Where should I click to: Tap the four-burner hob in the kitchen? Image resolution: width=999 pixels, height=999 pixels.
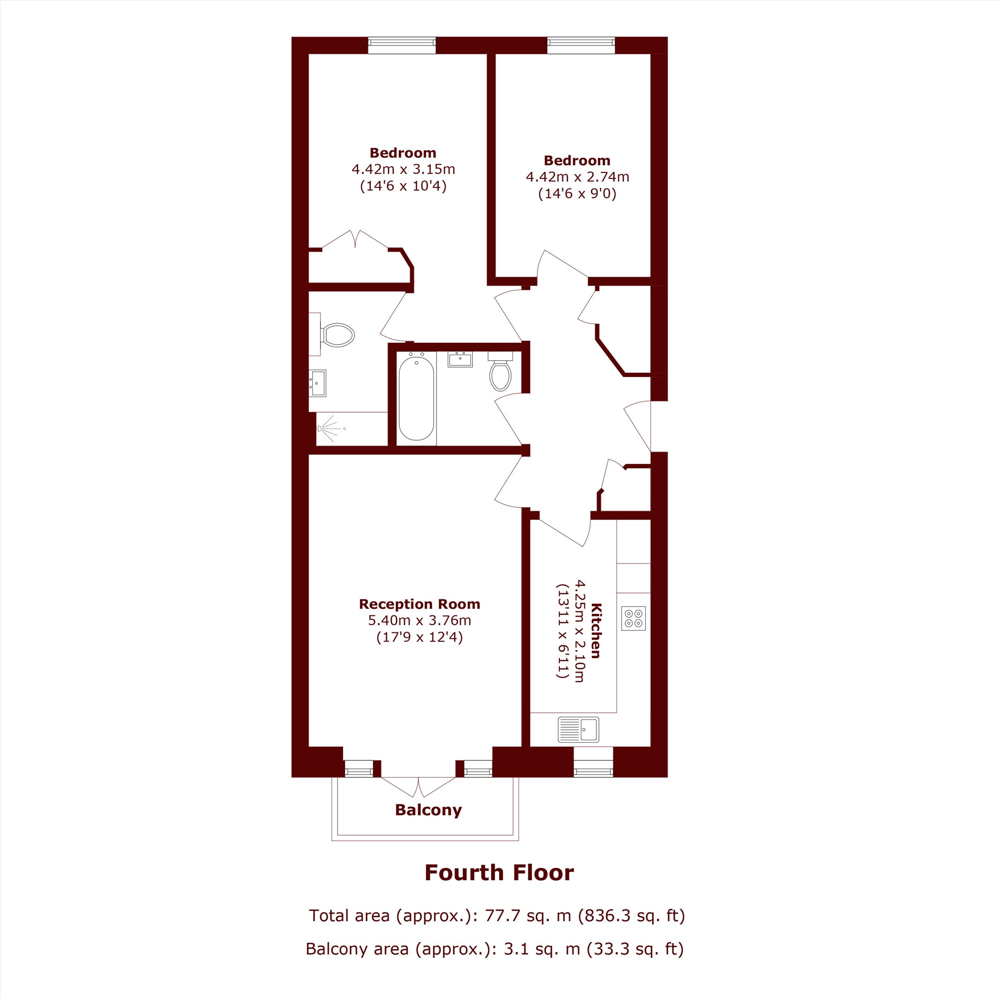(x=633, y=618)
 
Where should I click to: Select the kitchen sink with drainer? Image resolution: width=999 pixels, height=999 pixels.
(x=578, y=730)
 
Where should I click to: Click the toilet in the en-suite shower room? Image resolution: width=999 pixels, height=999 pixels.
(x=337, y=335)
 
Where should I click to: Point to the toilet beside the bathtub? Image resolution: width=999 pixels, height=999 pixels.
(x=500, y=371)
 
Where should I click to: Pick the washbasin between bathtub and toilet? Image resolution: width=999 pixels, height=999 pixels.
(x=460, y=359)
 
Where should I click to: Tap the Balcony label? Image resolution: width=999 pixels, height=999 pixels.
(x=428, y=810)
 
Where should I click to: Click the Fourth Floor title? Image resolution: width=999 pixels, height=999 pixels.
(x=499, y=872)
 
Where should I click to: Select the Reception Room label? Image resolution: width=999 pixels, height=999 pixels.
(x=420, y=604)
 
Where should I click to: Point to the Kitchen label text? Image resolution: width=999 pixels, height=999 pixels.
(x=596, y=630)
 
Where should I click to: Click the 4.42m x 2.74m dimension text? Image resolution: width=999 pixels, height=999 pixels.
(x=577, y=177)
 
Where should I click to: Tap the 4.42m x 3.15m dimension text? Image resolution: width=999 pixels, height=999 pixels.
(x=403, y=169)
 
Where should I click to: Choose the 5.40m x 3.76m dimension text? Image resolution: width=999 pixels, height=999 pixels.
(x=420, y=620)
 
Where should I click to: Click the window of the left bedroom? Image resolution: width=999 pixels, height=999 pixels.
(x=402, y=45)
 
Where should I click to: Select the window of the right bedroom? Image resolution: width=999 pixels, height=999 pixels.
(x=581, y=45)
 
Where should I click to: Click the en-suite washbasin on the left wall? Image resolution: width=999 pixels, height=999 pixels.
(x=318, y=383)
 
